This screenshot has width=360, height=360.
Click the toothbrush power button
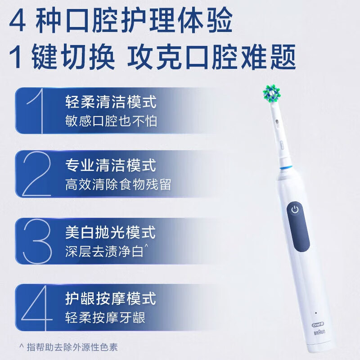[x=295, y=210]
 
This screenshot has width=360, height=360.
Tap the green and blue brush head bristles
[x=272, y=93]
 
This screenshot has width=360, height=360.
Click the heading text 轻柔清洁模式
[x=111, y=102]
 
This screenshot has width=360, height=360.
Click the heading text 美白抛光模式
[x=111, y=232]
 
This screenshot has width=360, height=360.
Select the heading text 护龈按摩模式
[x=111, y=298]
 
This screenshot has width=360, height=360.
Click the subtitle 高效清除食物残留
[x=118, y=184]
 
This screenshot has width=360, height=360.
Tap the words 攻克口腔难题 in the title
[x=212, y=57]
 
